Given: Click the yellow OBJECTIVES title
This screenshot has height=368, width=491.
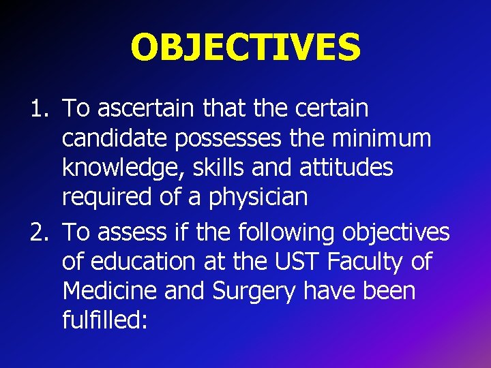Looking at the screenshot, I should [245, 48].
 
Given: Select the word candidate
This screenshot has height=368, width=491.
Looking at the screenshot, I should [115, 139].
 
